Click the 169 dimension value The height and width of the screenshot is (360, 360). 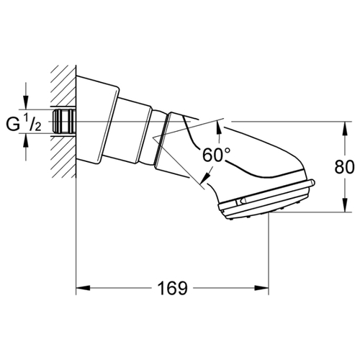point(172,288)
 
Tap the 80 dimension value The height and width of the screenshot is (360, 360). point(344,167)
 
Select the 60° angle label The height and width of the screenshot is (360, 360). point(216,155)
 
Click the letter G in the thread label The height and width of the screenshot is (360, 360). point(13,125)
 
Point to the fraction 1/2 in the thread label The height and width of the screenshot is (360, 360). point(32,123)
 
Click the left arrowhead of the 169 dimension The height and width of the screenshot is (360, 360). point(83,288)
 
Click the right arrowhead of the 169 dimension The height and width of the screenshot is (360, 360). point(261,288)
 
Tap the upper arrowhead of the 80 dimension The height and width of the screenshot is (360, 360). point(345,129)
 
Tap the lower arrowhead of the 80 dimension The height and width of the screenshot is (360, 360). point(345,205)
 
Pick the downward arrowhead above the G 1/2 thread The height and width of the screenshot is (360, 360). point(26,102)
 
